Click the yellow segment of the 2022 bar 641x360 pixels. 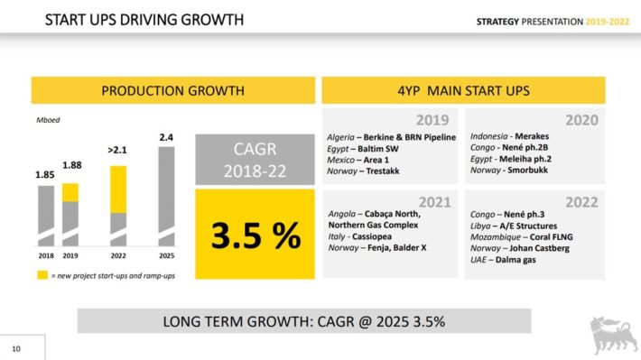pos(118,189)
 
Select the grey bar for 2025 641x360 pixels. pos(166,196)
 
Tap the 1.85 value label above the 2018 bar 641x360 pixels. pos(45,175)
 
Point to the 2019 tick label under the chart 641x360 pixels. pos(70,256)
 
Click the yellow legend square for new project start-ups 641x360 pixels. pos(42,275)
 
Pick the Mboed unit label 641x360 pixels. pos(48,120)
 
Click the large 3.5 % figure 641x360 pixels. pos(255,235)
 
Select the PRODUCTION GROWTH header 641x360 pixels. pos(173,90)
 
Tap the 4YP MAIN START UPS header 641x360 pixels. pos(463,90)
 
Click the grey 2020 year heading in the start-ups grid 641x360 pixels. pos(581,120)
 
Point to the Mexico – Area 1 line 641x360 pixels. pos(358,160)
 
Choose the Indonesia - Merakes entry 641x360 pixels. pos(509,136)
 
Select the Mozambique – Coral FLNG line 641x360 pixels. pos(521,237)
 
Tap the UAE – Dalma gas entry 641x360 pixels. pos(503,260)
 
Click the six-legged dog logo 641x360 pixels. pos(613,334)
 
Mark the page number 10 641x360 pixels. pos(16,348)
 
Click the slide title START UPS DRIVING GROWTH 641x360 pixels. pos(144,20)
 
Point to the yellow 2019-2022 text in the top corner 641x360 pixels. pos(607,22)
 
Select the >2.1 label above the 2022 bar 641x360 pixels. pos(117,151)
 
